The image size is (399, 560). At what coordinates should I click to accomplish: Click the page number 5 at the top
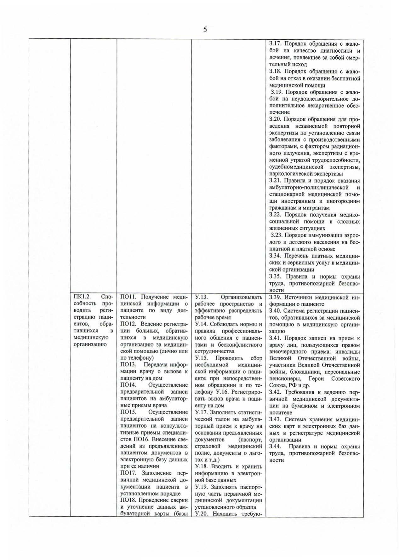[x=205, y=30]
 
